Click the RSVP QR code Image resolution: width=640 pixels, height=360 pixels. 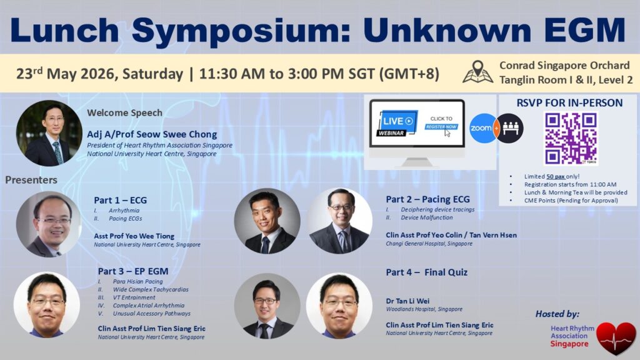click(571, 138)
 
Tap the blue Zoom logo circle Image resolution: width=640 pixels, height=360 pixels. click(482, 128)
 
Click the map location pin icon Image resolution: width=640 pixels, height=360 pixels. click(477, 72)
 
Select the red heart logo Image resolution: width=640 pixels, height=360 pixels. click(616, 337)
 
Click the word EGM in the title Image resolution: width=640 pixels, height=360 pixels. click(584, 30)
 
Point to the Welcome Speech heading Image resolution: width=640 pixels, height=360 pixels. click(124, 112)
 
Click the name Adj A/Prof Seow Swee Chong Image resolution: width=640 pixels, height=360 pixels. click(152, 134)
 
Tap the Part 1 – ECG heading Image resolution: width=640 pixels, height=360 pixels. click(121, 200)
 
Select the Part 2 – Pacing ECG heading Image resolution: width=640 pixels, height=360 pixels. click(427, 199)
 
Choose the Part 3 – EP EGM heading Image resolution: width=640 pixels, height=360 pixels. click(133, 271)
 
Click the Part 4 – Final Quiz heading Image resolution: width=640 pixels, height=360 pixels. click(426, 272)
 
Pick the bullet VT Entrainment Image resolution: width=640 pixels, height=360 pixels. click(134, 297)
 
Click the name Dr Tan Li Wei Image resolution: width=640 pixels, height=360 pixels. click(407, 301)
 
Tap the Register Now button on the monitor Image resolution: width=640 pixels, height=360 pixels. click(441, 127)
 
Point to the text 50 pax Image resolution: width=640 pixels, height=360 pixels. click(556, 176)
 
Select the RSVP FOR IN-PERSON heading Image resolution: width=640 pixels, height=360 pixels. click(570, 103)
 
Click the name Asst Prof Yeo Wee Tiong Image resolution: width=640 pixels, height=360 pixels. click(134, 236)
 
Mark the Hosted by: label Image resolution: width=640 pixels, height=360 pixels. click(557, 314)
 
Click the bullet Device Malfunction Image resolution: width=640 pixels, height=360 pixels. click(426, 217)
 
